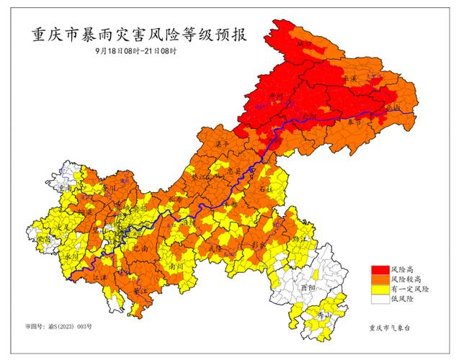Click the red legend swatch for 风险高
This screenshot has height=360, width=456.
point(378,269)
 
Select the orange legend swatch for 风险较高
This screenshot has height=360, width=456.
point(378,278)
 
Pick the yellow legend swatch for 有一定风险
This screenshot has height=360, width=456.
point(378,288)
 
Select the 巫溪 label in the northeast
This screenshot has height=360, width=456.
point(351,81)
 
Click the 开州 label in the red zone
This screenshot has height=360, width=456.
point(274,96)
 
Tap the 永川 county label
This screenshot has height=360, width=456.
point(71,256)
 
